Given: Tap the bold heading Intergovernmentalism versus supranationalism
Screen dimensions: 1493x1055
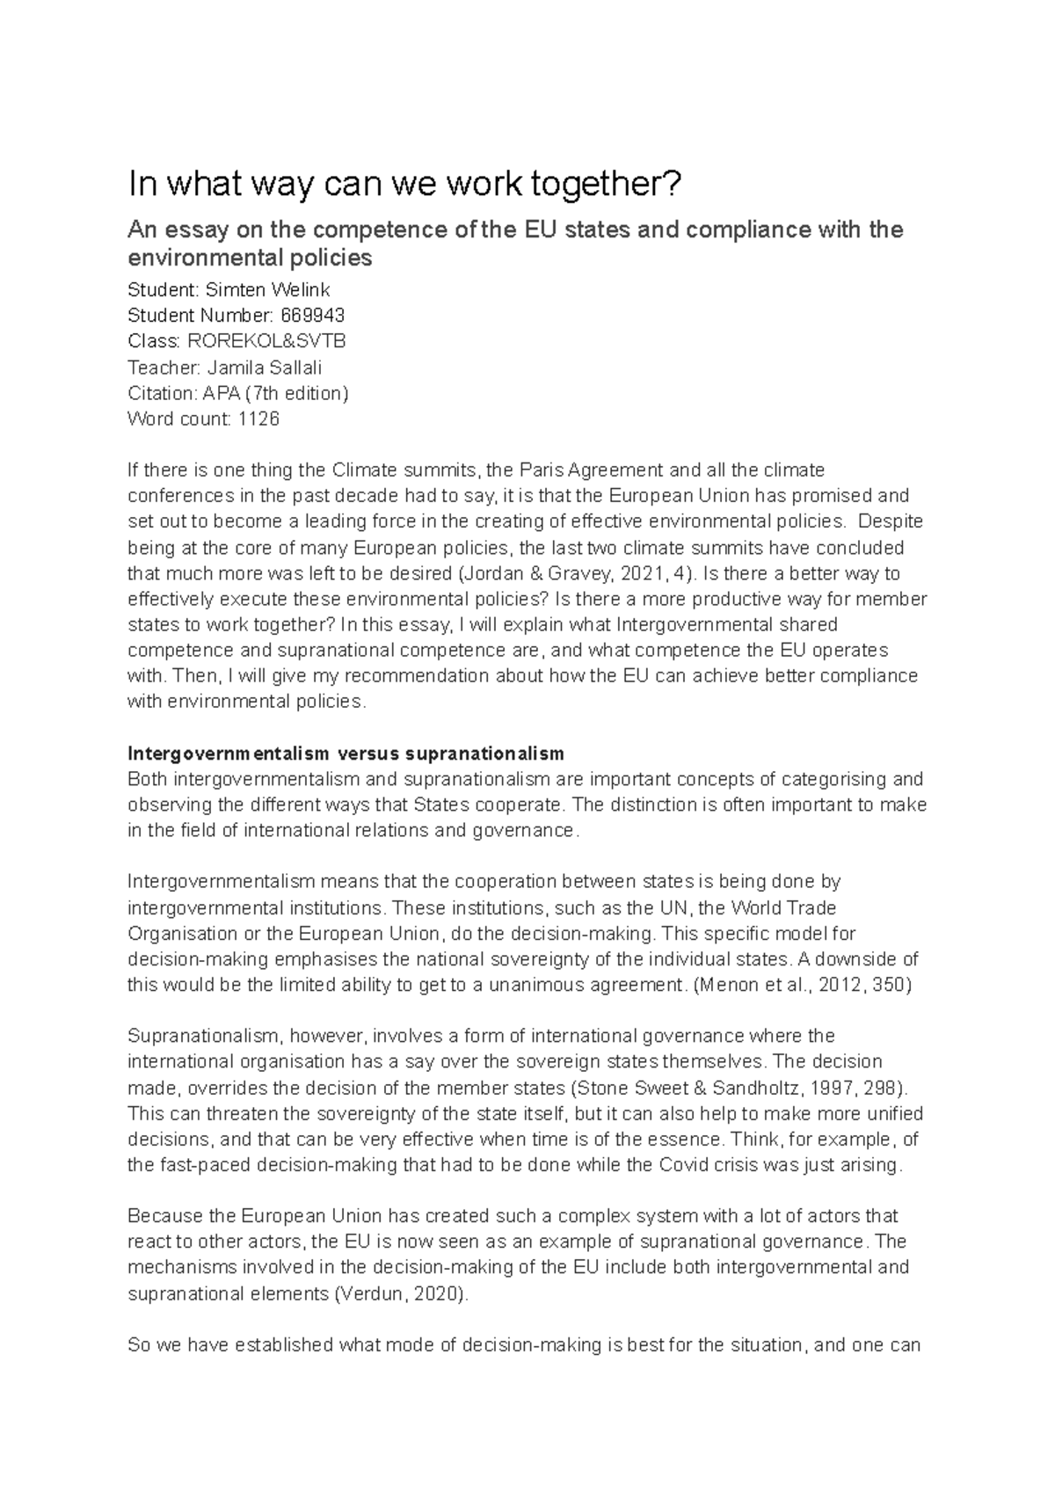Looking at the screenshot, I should (346, 754).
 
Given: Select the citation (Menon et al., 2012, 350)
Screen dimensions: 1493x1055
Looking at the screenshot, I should (804, 985).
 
